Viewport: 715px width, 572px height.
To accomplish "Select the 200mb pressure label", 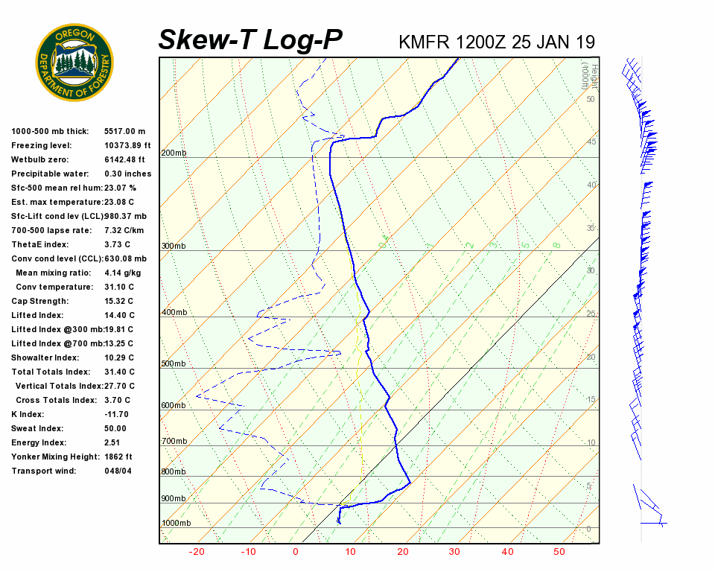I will pos(174,153).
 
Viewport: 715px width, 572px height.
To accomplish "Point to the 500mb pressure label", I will pos(174,363).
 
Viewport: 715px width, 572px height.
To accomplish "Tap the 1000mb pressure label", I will pos(177,523).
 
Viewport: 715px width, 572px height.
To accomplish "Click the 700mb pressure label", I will pos(174,442).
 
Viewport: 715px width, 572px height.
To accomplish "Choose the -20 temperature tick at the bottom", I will pos(197,552).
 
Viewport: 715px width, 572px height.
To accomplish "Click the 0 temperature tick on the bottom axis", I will pos(296,552).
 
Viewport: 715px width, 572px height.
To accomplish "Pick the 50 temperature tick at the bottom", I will pos(559,552).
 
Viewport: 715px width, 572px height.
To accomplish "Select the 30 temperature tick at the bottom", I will pos(454,552).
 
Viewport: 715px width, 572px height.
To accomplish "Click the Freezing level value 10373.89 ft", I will pos(127,145).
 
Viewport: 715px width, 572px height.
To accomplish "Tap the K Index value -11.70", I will pos(116,414).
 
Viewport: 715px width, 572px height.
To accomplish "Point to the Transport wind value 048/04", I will pos(118,471).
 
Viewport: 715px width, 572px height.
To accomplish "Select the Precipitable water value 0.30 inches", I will pos(127,174).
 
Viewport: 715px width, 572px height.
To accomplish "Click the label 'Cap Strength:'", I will pos(39,301).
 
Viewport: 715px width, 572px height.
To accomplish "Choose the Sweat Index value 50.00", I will pos(115,428).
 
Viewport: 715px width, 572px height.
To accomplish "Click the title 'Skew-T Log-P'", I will pos(250,39).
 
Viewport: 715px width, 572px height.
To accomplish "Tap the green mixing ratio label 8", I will pos(556,244).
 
